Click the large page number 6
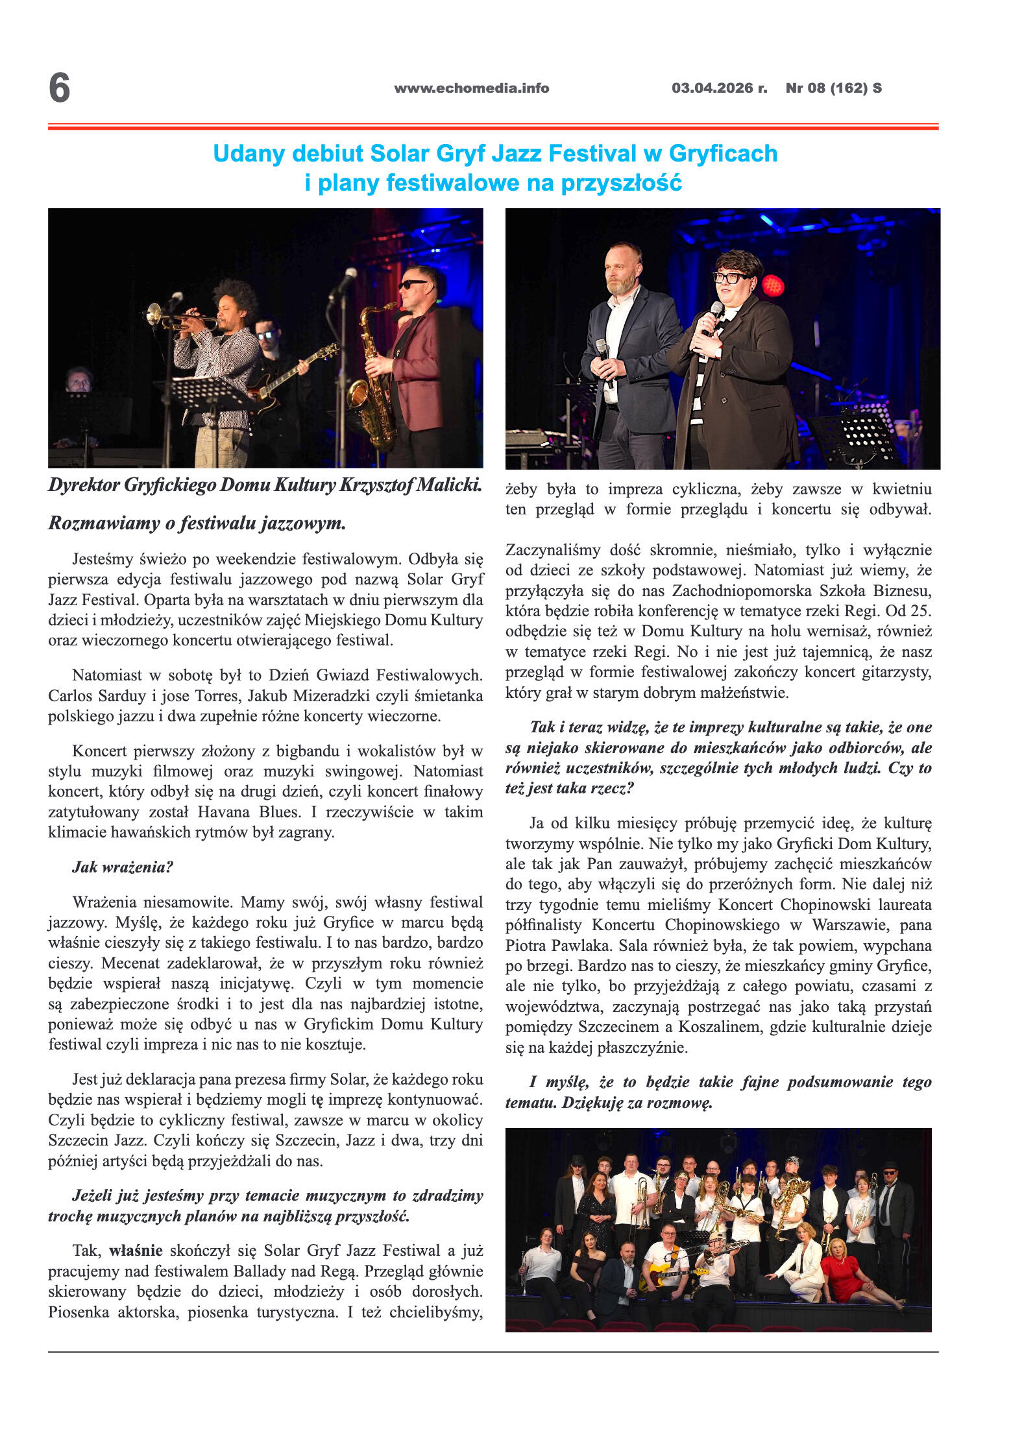click(59, 88)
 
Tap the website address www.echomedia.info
click(471, 88)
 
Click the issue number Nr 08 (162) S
click(833, 88)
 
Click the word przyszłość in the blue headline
click(621, 183)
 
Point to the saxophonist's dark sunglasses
click(412, 284)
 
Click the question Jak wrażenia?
click(123, 867)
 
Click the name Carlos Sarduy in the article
click(97, 696)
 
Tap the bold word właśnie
click(136, 1251)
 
